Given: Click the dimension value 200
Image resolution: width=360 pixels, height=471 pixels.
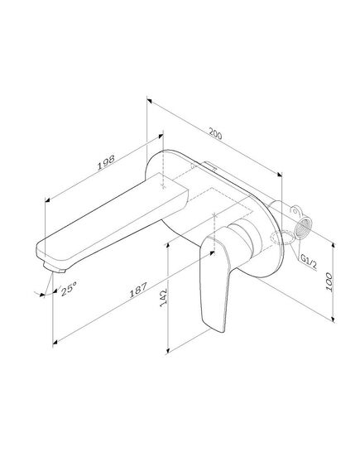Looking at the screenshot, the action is click(215, 133).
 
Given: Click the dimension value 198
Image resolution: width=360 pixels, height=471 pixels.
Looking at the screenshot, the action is click(106, 162).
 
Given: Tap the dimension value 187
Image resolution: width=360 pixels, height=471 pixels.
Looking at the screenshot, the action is click(138, 290).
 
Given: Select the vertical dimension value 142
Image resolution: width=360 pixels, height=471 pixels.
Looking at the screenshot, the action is click(164, 298).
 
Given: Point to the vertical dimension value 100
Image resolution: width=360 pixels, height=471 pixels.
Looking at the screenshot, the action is click(329, 281).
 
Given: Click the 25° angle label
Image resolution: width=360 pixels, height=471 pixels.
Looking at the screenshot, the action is click(69, 288).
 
